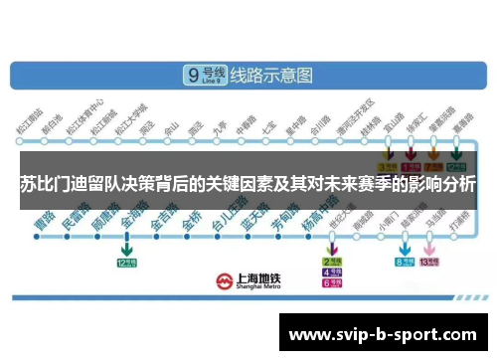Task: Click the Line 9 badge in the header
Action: [206, 76]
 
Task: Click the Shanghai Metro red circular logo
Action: [228, 280]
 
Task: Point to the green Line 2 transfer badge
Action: [332, 262]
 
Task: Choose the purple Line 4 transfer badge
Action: [332, 272]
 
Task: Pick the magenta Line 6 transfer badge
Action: [332, 283]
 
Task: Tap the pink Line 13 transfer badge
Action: [429, 263]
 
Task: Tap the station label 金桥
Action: [192, 218]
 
